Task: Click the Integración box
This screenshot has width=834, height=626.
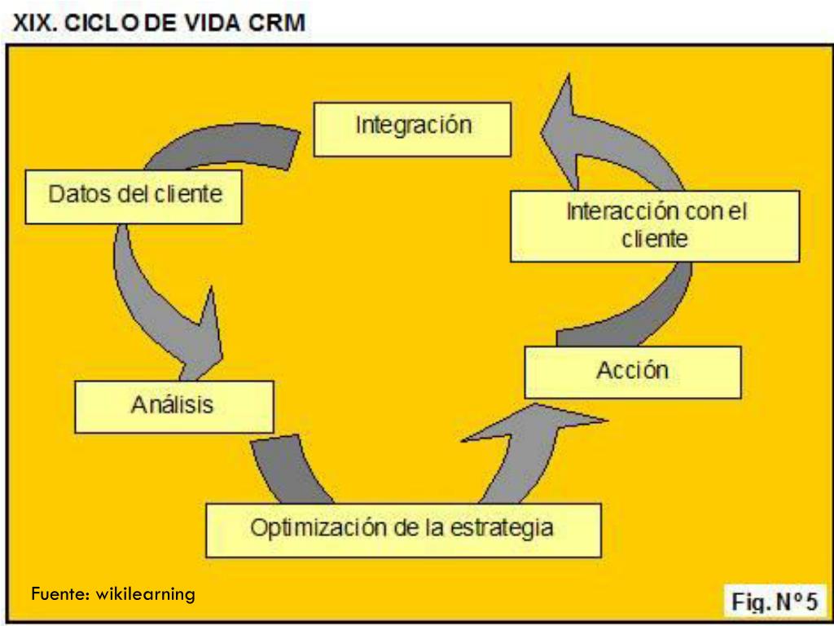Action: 412,129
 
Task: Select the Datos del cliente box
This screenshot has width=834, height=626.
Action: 134,196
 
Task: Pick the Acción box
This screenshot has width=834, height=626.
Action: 633,372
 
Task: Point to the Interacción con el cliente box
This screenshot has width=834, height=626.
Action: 655,226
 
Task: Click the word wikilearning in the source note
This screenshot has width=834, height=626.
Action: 146,593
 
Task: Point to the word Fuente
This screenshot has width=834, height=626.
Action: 61,593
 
